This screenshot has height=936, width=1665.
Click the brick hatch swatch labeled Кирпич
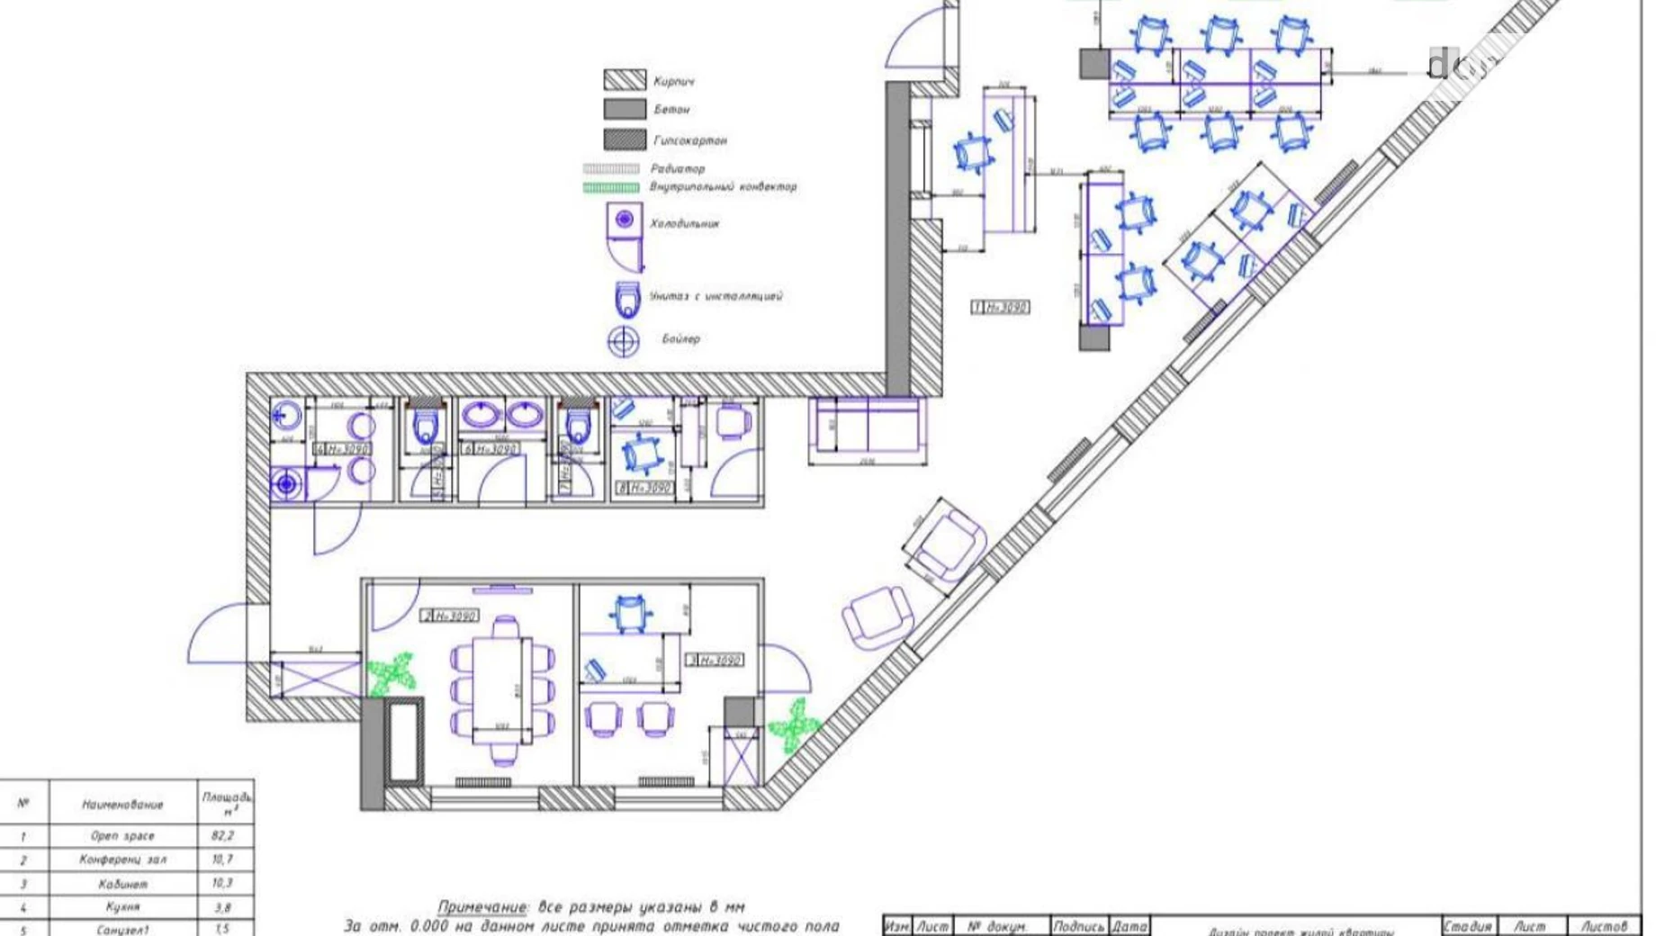[624, 80]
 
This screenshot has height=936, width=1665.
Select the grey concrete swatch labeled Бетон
[624, 109]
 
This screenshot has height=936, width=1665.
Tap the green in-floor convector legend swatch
[611, 187]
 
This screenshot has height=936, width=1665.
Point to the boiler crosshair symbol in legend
[623, 341]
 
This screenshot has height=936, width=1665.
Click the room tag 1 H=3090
[1000, 307]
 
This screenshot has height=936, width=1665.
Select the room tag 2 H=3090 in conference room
[450, 616]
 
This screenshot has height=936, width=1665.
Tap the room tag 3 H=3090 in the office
[715, 660]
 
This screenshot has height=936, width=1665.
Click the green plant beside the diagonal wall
[793, 724]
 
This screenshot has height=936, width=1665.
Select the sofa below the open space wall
[868, 428]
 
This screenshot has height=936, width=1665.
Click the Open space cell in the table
[122, 835]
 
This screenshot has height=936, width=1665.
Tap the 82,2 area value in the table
[222, 835]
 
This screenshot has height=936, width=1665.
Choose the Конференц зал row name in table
[122, 859]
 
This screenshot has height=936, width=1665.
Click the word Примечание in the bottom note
[481, 906]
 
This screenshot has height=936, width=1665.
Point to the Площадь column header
[225, 801]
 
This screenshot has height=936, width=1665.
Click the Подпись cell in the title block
[1078, 926]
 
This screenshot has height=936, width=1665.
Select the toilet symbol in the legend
[627, 299]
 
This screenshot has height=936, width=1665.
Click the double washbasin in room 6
[502, 417]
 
